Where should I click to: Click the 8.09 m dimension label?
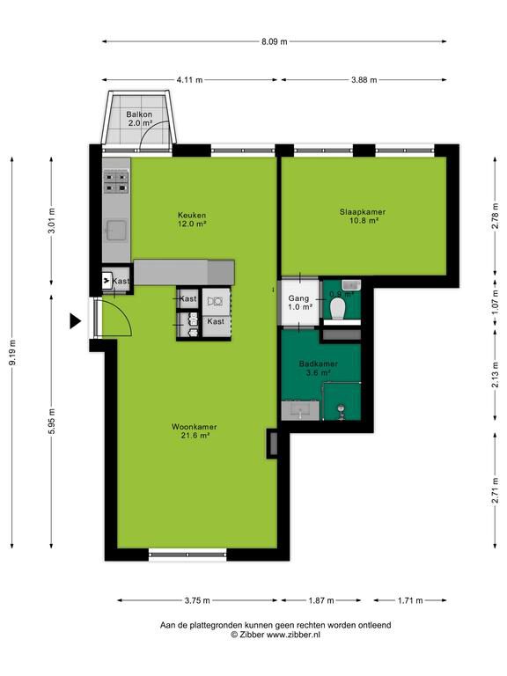(275, 42)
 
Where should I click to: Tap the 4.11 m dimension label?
(190, 80)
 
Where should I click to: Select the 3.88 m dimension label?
(364, 80)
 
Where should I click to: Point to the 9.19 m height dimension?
(12, 353)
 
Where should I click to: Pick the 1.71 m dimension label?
(410, 600)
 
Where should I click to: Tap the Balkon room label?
(139, 114)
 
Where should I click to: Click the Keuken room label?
(192, 215)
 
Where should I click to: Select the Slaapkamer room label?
(363, 211)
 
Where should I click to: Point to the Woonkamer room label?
(195, 427)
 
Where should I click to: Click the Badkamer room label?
(319, 364)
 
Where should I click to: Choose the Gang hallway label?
(298, 298)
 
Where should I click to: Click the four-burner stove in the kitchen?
(116, 182)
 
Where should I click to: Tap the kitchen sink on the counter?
(117, 231)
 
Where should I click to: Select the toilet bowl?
(338, 309)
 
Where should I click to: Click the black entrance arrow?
(76, 321)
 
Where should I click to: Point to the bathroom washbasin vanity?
(300, 410)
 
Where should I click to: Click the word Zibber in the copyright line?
(253, 635)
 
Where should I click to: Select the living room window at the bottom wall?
(187, 555)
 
